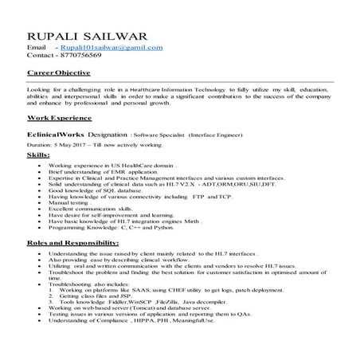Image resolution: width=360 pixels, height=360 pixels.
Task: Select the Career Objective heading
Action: pos(58,73)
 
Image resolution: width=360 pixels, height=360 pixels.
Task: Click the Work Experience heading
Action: pos(57,117)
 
